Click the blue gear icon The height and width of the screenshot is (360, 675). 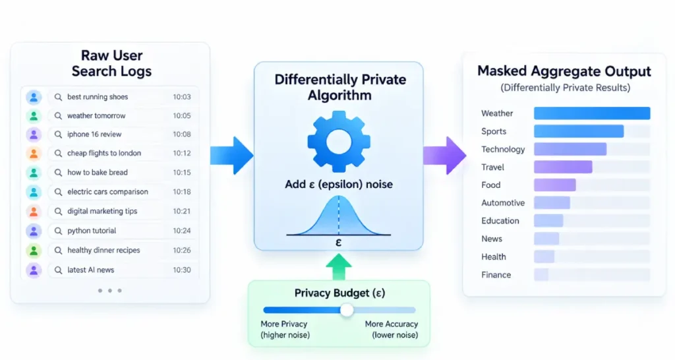point(339,142)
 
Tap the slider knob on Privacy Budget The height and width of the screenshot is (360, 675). point(347,310)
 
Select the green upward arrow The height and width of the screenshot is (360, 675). point(339,266)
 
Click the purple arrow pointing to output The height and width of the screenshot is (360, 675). point(445,156)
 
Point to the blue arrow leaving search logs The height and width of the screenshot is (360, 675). point(231,156)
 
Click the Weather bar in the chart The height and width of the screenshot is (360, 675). point(592,113)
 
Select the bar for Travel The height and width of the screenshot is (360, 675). point(563,167)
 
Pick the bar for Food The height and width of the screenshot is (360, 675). point(555,185)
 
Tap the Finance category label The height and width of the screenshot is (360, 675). point(496,275)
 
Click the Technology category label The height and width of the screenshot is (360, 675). point(503,150)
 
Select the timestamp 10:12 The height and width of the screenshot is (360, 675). point(182,154)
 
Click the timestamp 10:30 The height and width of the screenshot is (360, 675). point(182,270)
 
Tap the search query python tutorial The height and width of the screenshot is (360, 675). point(92,231)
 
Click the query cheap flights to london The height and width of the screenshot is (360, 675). point(104,154)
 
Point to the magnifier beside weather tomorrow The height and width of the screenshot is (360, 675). point(58,116)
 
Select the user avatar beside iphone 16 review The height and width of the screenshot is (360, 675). point(34,135)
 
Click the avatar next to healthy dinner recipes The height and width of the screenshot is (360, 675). point(34,251)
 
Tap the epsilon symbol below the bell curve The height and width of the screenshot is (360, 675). point(338,243)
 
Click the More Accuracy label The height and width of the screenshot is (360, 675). point(392,324)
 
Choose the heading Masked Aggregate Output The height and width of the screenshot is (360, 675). point(564,71)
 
